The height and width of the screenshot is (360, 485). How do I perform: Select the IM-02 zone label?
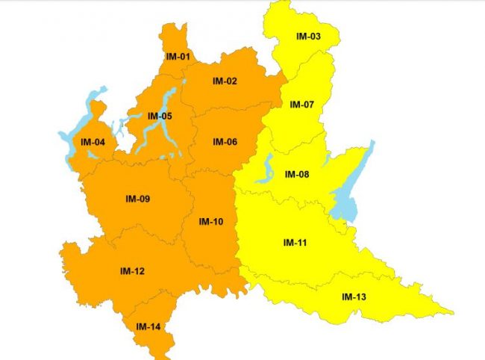click(225, 81)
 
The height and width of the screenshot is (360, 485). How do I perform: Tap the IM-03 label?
click(308, 36)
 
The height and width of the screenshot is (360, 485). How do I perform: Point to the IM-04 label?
click(93, 142)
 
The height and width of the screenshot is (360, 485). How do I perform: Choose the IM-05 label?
click(160, 116)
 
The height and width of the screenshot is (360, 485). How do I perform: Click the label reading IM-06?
click(225, 142)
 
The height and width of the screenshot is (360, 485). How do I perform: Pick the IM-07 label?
click(302, 104)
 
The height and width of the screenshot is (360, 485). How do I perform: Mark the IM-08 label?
click(297, 175)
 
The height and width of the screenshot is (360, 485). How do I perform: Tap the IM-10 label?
click(211, 221)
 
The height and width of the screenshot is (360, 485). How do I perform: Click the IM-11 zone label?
click(296, 243)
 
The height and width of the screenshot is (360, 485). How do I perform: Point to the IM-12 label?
click(132, 270)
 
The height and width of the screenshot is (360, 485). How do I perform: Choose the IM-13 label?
click(354, 297)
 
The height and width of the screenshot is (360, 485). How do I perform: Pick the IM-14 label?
click(148, 326)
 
